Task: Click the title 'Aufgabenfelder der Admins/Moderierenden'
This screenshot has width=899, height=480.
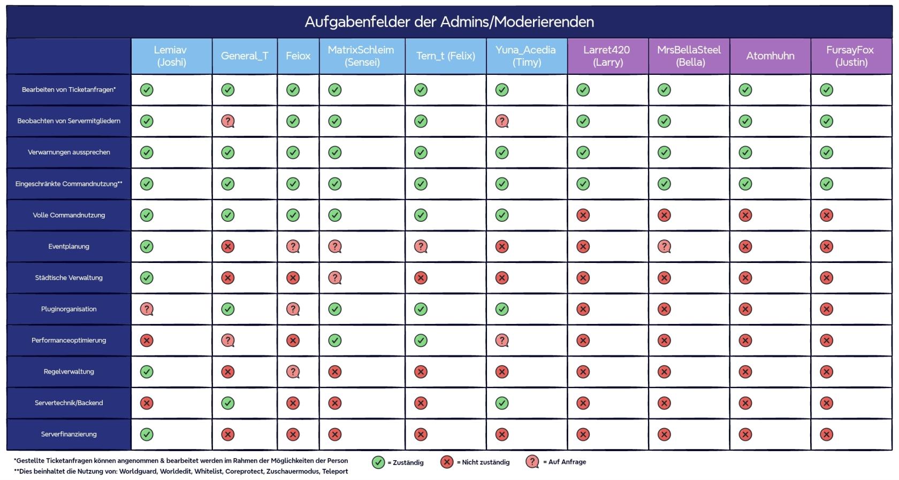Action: click(x=449, y=22)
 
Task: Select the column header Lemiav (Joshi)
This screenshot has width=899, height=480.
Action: click(x=171, y=56)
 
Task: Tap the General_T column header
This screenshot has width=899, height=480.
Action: click(x=245, y=56)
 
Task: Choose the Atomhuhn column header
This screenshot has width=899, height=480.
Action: click(x=770, y=56)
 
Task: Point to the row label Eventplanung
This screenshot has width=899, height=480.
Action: click(x=68, y=246)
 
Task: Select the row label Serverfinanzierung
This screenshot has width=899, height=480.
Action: click(x=68, y=434)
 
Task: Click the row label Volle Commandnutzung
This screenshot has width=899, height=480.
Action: click(x=68, y=215)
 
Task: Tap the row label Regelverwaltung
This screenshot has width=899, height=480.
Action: click(x=68, y=371)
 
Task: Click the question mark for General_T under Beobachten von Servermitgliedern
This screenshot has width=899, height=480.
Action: click(x=228, y=121)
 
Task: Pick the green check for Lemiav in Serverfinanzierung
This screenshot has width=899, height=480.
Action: click(x=147, y=435)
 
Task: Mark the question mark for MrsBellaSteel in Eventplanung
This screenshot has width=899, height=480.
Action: click(x=664, y=246)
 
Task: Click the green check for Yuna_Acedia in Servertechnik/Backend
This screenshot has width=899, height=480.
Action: click(x=502, y=403)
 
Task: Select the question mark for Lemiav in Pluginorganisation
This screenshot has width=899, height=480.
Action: click(x=147, y=309)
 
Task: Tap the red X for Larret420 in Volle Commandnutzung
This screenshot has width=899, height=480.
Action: click(x=583, y=215)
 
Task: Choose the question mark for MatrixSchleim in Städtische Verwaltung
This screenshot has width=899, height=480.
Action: click(x=335, y=278)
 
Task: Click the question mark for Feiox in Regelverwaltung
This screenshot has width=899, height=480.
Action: click(x=293, y=371)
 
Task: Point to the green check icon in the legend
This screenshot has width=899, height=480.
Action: click(x=378, y=462)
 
